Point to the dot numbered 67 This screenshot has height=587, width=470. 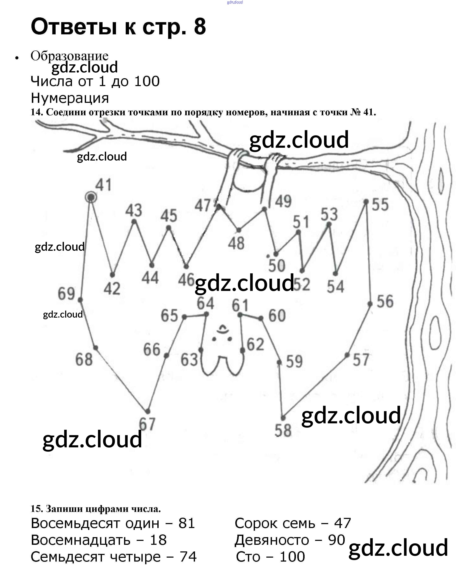click(147, 411)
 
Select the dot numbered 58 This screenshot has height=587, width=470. click(283, 418)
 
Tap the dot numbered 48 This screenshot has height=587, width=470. click(239, 230)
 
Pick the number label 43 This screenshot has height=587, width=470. click(134, 210)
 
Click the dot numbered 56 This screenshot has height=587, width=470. click(370, 304)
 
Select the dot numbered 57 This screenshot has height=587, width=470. click(347, 355)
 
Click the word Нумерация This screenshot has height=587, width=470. click(70, 98)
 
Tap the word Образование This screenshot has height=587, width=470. click(69, 56)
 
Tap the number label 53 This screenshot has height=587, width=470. click(329, 215)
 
